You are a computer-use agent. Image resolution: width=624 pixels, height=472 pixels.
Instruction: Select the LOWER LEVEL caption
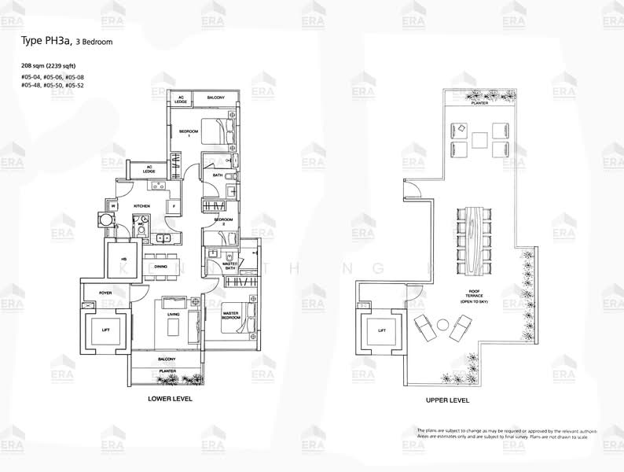(170, 399)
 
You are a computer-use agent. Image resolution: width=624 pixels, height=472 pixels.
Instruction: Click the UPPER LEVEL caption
(447, 400)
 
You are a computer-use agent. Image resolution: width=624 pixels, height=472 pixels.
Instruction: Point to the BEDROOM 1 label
(188, 132)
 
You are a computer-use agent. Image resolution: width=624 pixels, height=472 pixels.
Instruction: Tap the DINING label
(160, 267)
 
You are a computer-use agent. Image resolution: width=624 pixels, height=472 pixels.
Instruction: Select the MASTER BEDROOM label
(231, 315)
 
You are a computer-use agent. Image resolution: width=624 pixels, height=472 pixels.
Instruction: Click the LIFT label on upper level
(382, 331)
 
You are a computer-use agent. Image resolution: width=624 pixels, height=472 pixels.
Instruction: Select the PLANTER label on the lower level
(167, 370)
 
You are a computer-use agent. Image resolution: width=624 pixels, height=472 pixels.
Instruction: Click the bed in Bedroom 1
(215, 128)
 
